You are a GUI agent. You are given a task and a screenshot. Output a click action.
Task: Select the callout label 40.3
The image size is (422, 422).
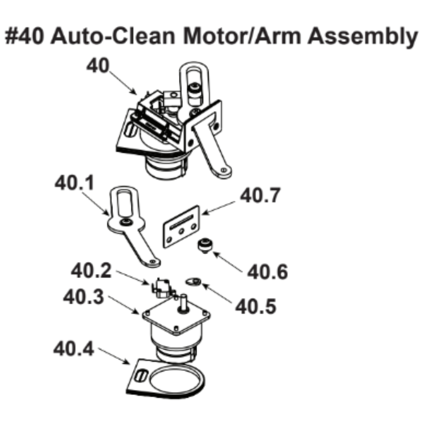point(83,298)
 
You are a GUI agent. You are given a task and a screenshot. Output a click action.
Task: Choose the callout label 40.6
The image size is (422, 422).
point(268,272)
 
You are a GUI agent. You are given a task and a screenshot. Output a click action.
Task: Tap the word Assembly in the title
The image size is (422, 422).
point(362,37)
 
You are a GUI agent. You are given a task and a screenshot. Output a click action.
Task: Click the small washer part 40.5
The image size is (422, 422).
point(194,281)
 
